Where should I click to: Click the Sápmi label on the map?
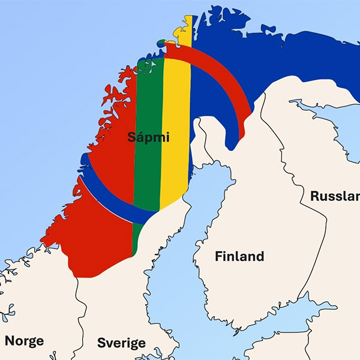coord(148,137)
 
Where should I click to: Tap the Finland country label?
coord(239,256)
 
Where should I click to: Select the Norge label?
coord(25,341)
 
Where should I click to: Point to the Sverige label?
coord(121,343)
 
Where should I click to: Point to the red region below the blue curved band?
coord(96,240)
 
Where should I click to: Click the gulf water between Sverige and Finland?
coord(174,270)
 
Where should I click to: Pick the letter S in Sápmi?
coord(131,137)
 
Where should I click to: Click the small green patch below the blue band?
coord(137,237)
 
